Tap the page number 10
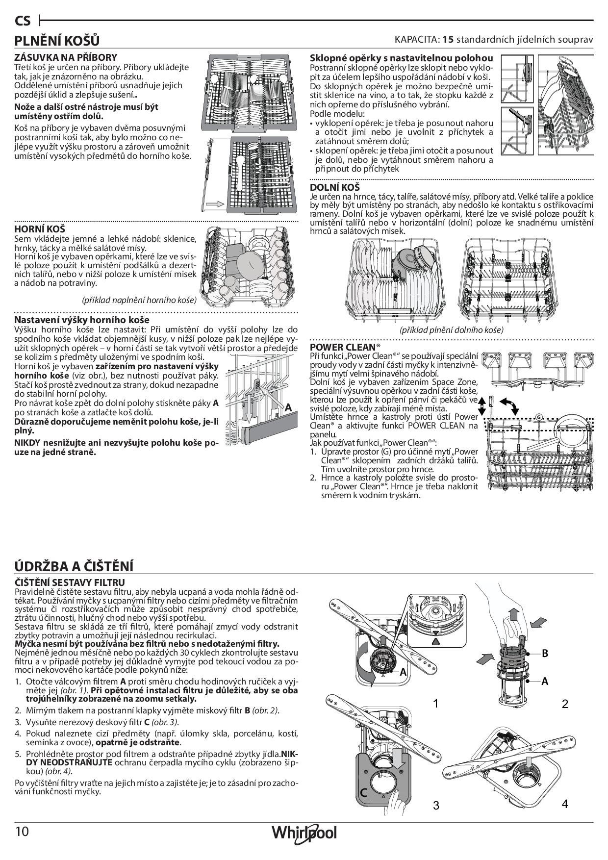tap(23, 832)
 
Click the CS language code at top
tap(23, 21)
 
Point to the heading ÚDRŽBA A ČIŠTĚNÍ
tap(74, 566)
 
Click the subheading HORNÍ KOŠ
tap(40, 229)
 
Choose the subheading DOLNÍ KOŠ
tap(335, 187)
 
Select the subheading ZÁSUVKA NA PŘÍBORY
tap(66, 57)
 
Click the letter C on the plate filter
tap(364, 793)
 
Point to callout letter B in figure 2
tap(545, 654)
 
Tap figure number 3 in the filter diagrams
tap(436, 805)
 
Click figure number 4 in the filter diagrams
tap(565, 804)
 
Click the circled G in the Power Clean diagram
tap(539, 417)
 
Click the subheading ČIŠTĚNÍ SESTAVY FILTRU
tap(70, 582)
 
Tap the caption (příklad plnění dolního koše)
tap(452, 330)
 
